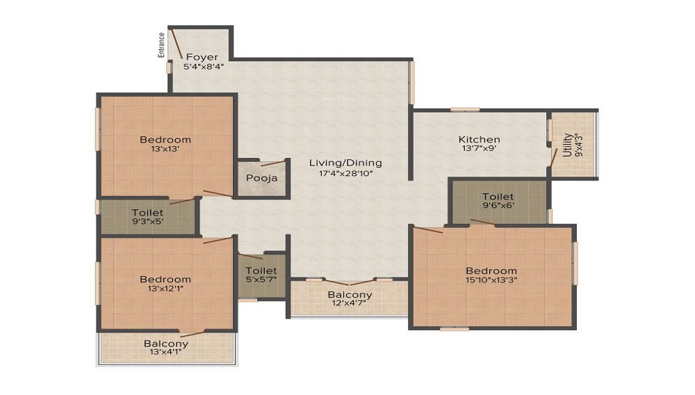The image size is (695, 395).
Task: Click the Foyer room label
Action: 201,57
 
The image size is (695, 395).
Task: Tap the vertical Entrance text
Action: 161,44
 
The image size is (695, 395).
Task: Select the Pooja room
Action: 261,178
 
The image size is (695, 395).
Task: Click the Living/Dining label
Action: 345,163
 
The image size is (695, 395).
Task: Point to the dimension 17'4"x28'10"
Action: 345,174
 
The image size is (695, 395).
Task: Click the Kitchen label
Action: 480,139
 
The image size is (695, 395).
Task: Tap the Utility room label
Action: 567,145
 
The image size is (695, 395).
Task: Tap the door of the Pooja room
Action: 272,164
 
